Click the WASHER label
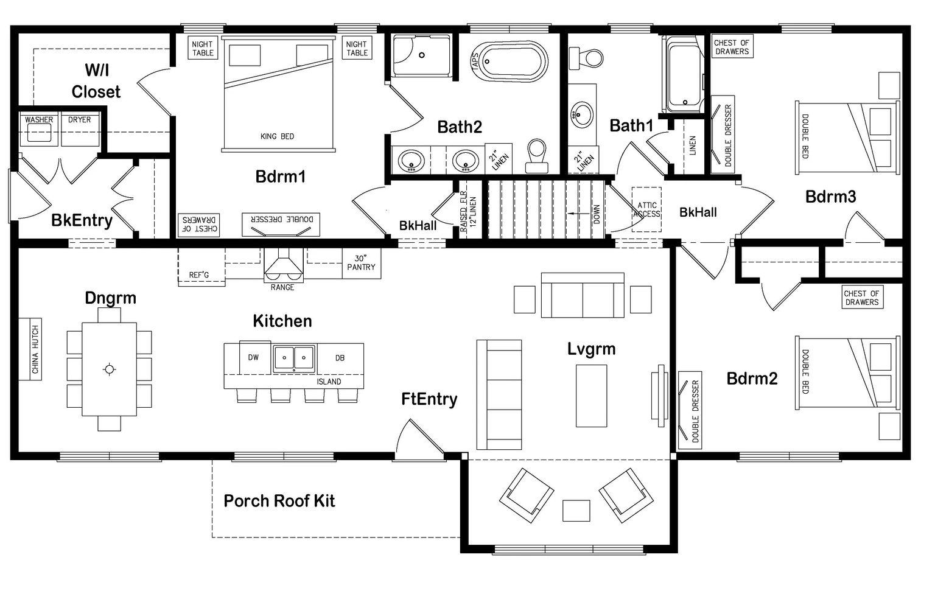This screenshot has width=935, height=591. [39, 120]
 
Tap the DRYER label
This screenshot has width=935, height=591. [79, 120]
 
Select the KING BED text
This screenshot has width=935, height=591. [277, 136]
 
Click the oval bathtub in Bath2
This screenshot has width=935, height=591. [513, 61]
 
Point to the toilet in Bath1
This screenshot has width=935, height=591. [586, 58]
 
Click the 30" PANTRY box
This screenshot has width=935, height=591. [362, 263]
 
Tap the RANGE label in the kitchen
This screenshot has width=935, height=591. [282, 287]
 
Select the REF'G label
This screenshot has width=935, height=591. [198, 275]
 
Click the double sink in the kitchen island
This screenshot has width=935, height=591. [294, 358]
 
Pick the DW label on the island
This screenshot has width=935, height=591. [253, 357]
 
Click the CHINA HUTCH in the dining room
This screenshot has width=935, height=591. [30, 349]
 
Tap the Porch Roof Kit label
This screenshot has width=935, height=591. [279, 501]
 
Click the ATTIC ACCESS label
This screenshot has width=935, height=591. [646, 209]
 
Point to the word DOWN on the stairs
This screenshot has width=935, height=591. [597, 214]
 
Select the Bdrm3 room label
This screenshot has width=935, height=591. [831, 197]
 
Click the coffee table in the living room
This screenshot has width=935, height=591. [592, 396]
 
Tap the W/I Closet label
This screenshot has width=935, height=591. [96, 81]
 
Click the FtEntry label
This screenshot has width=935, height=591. [429, 399]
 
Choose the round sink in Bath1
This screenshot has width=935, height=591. [581, 114]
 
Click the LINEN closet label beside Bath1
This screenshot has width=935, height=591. [693, 145]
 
